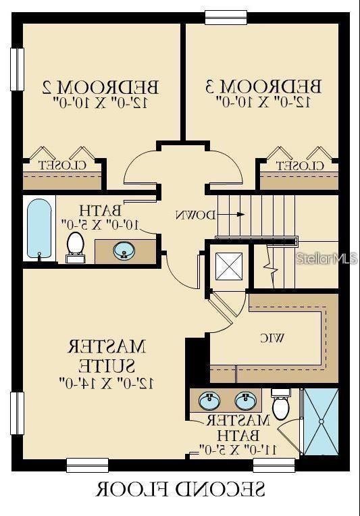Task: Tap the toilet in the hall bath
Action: pos(75,246)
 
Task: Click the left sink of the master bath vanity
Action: pos(209,401)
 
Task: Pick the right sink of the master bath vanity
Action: pos(245,401)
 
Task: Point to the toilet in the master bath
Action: pos(281,405)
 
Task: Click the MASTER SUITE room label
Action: pos(107,364)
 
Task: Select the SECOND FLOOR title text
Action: pos(180,488)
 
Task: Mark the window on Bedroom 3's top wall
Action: pos(226,17)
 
